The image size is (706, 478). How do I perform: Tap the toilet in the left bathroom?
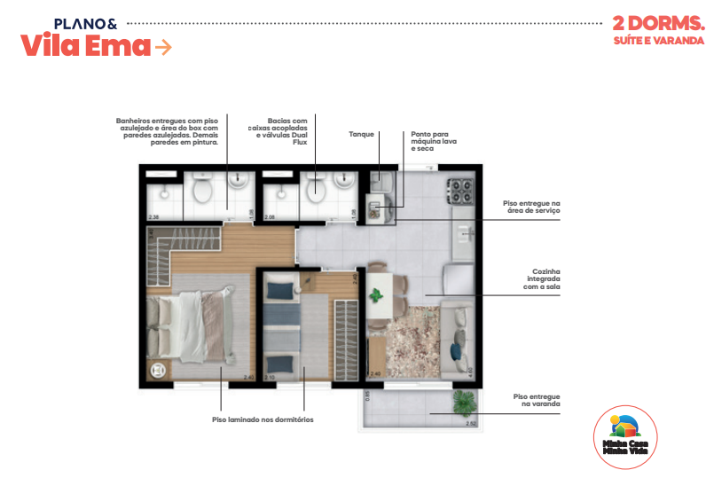click(202, 189)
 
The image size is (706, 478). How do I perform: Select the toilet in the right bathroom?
click(314, 188)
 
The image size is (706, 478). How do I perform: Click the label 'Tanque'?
click(361, 136)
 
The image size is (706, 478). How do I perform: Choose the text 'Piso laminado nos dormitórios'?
click(263, 419)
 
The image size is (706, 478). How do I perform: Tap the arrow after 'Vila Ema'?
click(163, 47)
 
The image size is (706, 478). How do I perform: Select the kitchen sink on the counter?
click(464, 233)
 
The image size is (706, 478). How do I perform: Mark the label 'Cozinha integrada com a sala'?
click(540, 279)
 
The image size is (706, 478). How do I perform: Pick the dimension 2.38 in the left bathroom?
click(154, 216)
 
